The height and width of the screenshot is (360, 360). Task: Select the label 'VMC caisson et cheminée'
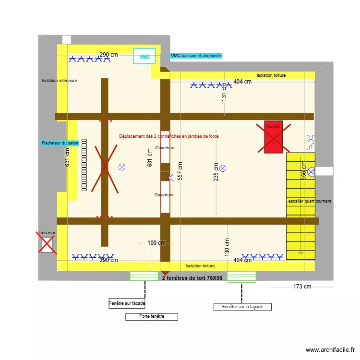point(196,56)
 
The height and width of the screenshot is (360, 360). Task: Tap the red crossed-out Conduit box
point(273,137)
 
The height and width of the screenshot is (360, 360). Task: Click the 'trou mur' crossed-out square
point(47,244)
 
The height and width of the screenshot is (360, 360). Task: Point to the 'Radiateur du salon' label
point(60,143)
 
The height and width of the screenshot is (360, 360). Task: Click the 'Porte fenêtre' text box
point(152,317)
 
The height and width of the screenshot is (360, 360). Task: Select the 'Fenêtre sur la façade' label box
point(242,307)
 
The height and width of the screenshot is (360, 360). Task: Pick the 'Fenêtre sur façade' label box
point(127,303)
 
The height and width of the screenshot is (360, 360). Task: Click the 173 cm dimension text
point(302,287)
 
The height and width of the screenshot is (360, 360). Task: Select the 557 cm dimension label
point(180,169)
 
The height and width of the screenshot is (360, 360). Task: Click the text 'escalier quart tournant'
point(310,201)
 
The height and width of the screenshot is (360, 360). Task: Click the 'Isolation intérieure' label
point(60,81)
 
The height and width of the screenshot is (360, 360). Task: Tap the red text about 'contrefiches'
point(169,136)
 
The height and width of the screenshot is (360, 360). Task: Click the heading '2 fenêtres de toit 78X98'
point(192,278)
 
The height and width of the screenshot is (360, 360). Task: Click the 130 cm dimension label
point(227,247)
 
